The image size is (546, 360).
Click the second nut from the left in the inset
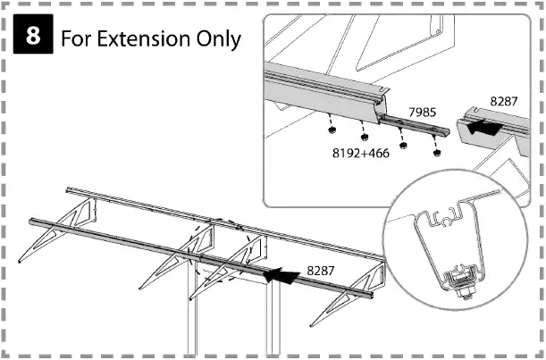366,138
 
